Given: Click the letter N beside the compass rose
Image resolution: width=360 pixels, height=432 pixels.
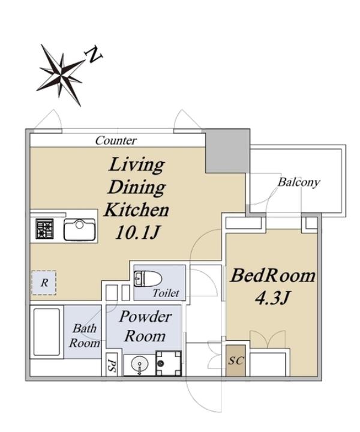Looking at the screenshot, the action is [x=94, y=55].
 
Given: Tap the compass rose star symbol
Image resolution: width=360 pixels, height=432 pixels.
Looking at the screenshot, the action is [x=61, y=74].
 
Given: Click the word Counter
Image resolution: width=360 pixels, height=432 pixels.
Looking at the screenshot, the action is [x=116, y=140].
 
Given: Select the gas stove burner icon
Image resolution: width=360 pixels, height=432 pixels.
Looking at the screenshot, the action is [x=44, y=229].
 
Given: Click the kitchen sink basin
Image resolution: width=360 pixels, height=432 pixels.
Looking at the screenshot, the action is [x=80, y=229].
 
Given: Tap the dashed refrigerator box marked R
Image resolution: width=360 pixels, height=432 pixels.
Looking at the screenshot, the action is [x=44, y=283].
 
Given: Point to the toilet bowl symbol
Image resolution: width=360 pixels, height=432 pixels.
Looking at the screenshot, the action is [x=148, y=279].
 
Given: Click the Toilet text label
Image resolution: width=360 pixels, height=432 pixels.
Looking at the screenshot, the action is [x=166, y=293].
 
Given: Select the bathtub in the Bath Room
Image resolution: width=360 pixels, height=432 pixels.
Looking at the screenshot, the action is [x=47, y=332].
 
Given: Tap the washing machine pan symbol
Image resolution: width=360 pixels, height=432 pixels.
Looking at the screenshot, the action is [x=168, y=364].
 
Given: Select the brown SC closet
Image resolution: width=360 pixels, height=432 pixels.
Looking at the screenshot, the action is [x=236, y=361].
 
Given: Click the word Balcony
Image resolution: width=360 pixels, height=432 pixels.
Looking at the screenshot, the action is [x=299, y=182].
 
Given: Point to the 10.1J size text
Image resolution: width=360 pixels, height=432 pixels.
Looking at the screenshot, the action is [x=137, y=233].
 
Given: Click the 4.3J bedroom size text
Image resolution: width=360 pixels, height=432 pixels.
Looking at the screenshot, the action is [x=272, y=298].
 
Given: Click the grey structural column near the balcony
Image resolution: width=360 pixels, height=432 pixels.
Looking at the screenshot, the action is [x=227, y=151].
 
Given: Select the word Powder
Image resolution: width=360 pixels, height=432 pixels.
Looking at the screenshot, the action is [x=145, y=317].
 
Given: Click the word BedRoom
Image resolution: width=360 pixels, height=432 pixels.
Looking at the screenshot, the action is [x=272, y=275].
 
